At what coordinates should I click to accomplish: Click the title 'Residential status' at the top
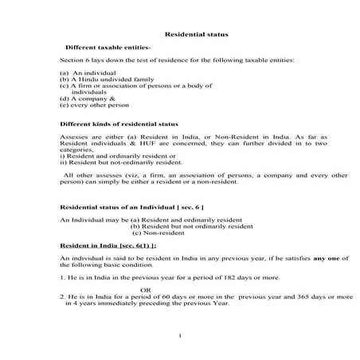[x=190, y=34]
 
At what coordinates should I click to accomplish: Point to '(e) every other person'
[x=92, y=104]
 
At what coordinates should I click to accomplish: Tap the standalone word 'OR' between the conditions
[x=146, y=289]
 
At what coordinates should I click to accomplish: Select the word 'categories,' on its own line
[x=76, y=150]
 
